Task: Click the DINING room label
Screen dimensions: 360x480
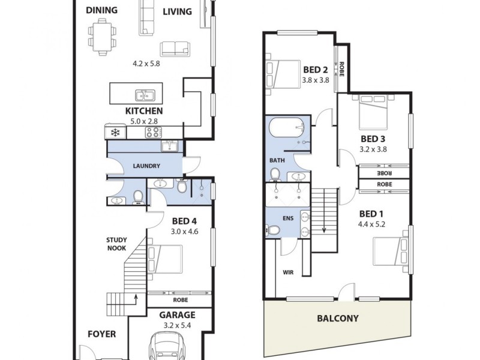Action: click(101, 10)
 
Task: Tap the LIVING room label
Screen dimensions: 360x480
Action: click(177, 11)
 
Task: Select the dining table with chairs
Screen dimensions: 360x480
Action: click(101, 35)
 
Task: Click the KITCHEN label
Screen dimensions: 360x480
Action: click(143, 111)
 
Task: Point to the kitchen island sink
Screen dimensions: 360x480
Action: click(145, 95)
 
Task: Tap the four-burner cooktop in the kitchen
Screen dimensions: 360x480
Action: click(154, 133)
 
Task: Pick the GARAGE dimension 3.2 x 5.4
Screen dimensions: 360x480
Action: click(177, 326)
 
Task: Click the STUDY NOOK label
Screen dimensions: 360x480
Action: click(116, 243)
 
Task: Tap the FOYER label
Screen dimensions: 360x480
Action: click(101, 334)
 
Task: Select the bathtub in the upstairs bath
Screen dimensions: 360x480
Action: click(287, 128)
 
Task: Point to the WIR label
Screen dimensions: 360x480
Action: click(288, 272)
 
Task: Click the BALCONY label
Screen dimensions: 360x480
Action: click(337, 319)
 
